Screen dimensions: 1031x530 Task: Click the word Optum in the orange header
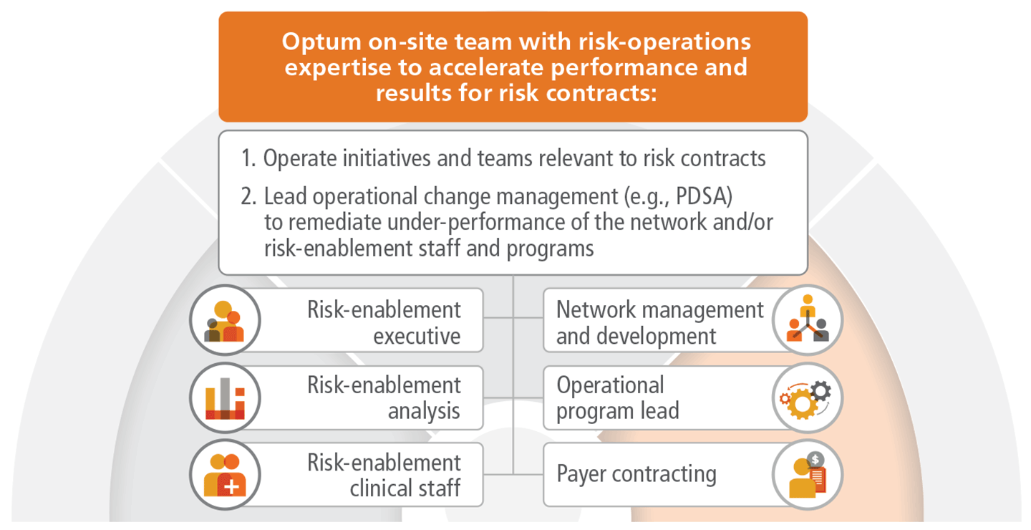click(x=321, y=43)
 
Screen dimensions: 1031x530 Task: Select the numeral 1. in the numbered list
click(x=248, y=158)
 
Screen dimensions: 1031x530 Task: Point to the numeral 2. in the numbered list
click(x=248, y=196)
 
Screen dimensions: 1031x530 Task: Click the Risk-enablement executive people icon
click(x=224, y=321)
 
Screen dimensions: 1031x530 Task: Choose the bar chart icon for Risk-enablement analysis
click(x=225, y=398)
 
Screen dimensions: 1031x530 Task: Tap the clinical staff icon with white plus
click(x=225, y=475)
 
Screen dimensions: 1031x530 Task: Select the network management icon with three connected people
click(x=808, y=319)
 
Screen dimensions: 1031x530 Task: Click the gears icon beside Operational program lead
click(x=805, y=399)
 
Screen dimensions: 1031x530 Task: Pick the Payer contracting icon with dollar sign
click(x=808, y=475)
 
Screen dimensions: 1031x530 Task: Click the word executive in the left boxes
click(x=417, y=336)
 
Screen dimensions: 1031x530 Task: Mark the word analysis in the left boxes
click(x=424, y=411)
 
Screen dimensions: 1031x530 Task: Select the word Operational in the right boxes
click(x=610, y=385)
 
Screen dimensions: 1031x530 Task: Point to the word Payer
click(x=581, y=474)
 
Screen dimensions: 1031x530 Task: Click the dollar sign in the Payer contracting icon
click(x=815, y=459)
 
